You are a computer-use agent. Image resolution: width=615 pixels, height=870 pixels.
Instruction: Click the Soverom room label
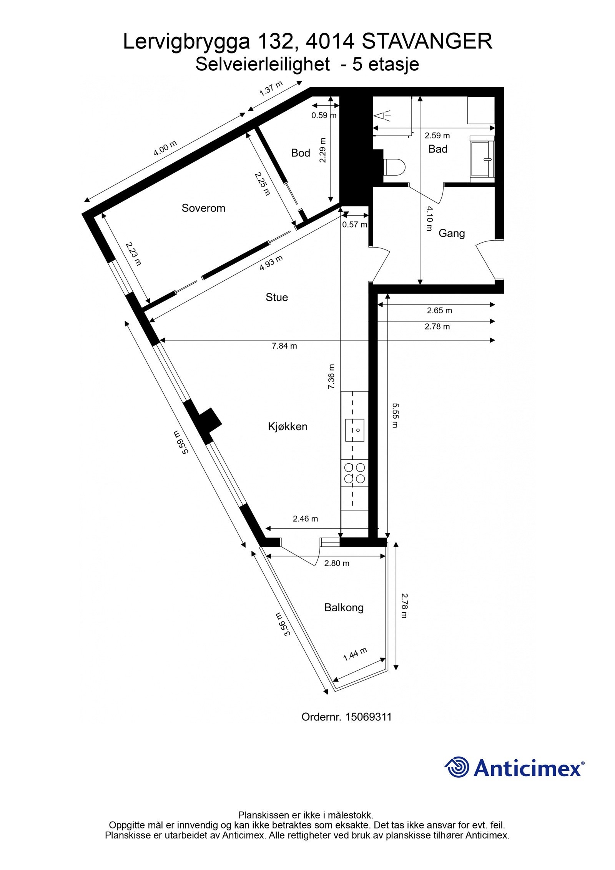point(203,208)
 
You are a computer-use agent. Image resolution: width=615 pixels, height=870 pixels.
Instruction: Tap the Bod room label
point(301,153)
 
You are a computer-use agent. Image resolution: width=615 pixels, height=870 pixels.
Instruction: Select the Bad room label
point(438,149)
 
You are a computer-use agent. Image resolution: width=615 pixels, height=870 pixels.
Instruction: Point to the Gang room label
point(452,233)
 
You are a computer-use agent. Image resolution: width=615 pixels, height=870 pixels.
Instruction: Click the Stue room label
point(277,297)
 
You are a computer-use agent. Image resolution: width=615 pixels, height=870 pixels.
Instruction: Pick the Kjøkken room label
point(288,426)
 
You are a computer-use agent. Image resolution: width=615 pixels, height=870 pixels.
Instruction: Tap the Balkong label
point(344,607)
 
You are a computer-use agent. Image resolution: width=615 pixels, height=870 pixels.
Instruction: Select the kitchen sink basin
point(355,430)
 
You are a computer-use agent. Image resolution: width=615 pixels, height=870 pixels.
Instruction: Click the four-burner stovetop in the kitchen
point(355,473)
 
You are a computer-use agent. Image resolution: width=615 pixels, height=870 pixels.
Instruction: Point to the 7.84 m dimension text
point(284,346)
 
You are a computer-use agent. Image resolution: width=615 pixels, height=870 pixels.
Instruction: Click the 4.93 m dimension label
point(271,263)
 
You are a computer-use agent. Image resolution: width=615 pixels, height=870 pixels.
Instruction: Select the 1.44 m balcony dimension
point(355,654)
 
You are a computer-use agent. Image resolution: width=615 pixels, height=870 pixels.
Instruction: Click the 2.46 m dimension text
point(306,519)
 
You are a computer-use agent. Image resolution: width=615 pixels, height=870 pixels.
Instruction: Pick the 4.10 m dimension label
point(429,218)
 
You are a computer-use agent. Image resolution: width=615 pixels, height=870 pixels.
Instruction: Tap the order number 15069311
point(369,717)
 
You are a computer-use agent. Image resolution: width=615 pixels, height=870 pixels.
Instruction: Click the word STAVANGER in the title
point(427,42)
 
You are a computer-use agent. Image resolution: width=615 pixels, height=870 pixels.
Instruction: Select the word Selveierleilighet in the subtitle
point(263,64)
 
